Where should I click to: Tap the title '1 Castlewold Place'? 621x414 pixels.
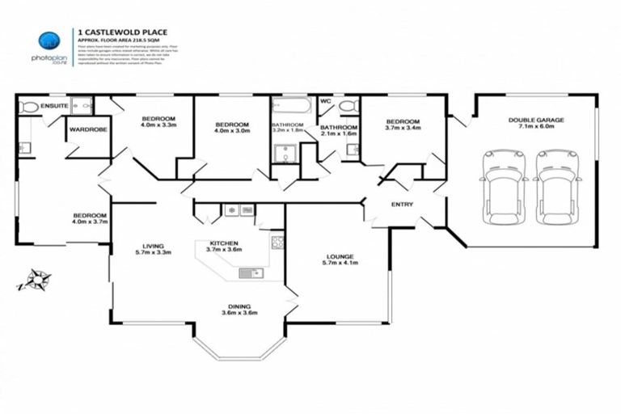coord(122,32)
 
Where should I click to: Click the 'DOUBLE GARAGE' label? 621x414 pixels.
coord(536,120)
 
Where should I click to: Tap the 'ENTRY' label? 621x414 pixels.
coord(402,205)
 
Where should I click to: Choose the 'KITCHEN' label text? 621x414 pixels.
coord(223,243)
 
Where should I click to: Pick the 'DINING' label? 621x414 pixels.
coord(239,306)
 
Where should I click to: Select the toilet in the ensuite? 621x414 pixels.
coord(29,106)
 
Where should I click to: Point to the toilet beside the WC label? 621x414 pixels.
coord(349,106)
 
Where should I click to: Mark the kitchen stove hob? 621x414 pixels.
coord(277,241)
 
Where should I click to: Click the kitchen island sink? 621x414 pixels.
coord(247,273)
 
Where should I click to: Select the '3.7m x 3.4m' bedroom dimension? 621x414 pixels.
coord(403,127)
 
